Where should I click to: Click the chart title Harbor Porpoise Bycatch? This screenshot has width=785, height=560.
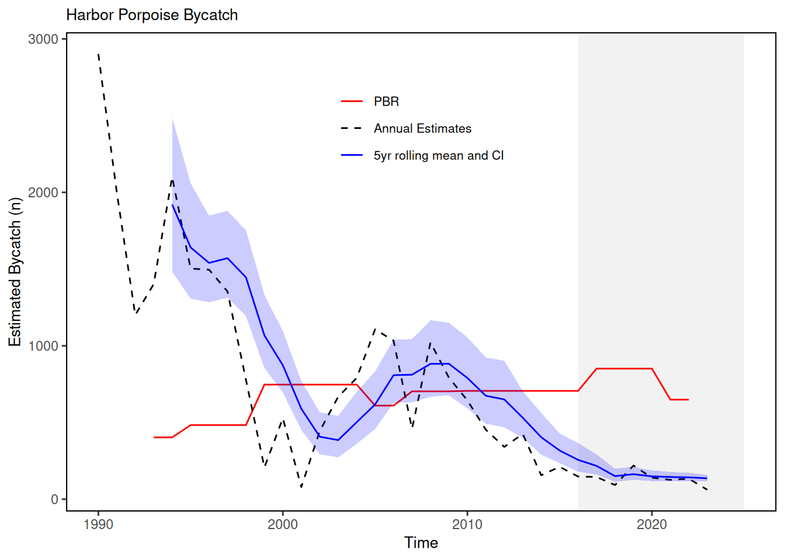(152, 15)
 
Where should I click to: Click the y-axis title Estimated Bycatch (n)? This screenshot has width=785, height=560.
(15, 272)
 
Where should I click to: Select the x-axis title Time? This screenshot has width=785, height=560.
(421, 543)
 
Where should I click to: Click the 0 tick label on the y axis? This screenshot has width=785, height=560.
(54, 499)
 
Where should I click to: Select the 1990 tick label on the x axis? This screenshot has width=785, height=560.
(98, 524)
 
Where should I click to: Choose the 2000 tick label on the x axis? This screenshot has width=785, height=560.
(283, 524)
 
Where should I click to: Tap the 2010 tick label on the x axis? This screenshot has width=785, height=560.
(467, 524)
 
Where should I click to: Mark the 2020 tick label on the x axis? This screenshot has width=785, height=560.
(652, 524)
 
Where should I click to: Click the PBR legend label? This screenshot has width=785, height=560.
(386, 101)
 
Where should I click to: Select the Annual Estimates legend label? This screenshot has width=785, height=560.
(422, 128)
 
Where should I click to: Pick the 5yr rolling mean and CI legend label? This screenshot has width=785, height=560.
(439, 156)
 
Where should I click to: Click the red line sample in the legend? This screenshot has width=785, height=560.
(352, 101)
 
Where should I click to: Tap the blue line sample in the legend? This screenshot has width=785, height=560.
(352, 156)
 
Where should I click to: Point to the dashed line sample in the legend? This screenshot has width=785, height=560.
(352, 128)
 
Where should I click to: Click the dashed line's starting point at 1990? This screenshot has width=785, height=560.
(98, 54)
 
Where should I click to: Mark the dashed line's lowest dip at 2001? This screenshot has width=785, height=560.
(301, 487)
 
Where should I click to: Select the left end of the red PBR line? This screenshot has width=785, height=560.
(154, 437)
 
